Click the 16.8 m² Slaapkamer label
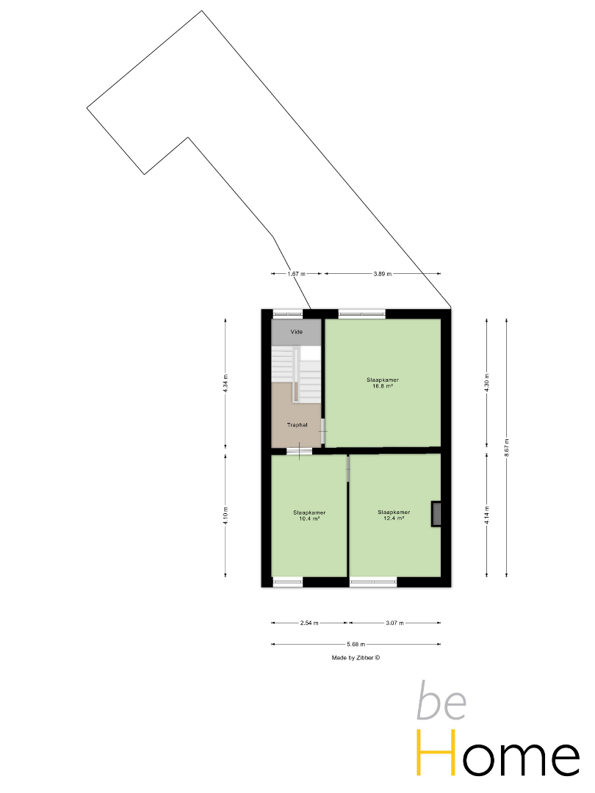383,383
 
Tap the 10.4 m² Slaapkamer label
309,515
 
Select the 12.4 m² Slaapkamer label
394,515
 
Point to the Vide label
297,332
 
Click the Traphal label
297,425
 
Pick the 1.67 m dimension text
297,274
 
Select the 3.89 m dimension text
383,274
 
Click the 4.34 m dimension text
226,383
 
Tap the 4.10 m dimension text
226,515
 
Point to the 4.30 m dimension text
487,383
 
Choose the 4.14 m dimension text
487,515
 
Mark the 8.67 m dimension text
506,448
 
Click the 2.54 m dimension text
309,623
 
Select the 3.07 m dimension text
394,623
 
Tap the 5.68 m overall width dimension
356,645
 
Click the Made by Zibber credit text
356,658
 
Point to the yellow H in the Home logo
436,753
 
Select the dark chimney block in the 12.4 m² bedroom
436,514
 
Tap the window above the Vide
288,314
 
